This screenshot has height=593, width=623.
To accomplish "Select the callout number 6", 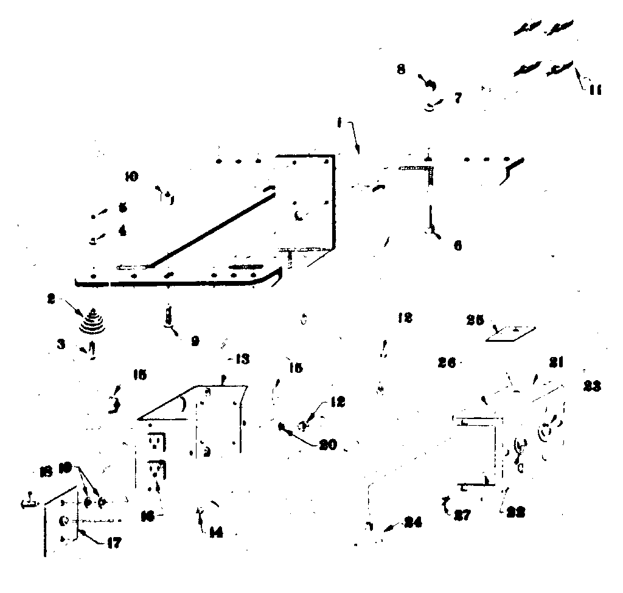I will click(x=457, y=245).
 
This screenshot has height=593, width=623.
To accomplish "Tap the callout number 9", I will click(x=194, y=342).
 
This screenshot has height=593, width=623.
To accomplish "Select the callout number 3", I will click(x=61, y=344).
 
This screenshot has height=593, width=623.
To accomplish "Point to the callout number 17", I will click(x=113, y=542).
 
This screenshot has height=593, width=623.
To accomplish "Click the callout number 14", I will click(x=215, y=533).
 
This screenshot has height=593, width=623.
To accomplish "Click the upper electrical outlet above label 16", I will click(x=156, y=441).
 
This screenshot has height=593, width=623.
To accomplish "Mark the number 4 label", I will click(x=122, y=231).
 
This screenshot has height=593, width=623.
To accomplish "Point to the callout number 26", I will click(x=448, y=363).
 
